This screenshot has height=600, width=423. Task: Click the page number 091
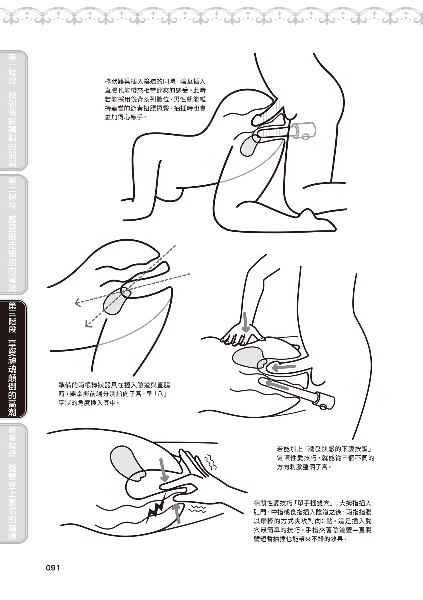pyautogui.click(x=53, y=568)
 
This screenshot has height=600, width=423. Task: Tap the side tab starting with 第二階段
pyautogui.click(x=13, y=234)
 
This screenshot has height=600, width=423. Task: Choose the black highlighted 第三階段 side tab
pyautogui.click(x=13, y=359)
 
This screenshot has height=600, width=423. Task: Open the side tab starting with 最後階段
pyautogui.click(x=13, y=483)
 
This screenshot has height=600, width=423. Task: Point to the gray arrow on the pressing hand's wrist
pyautogui.click(x=246, y=321)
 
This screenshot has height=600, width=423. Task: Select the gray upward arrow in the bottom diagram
pyautogui.click(x=177, y=513)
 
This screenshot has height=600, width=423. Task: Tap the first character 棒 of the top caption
pyautogui.click(x=108, y=81)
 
